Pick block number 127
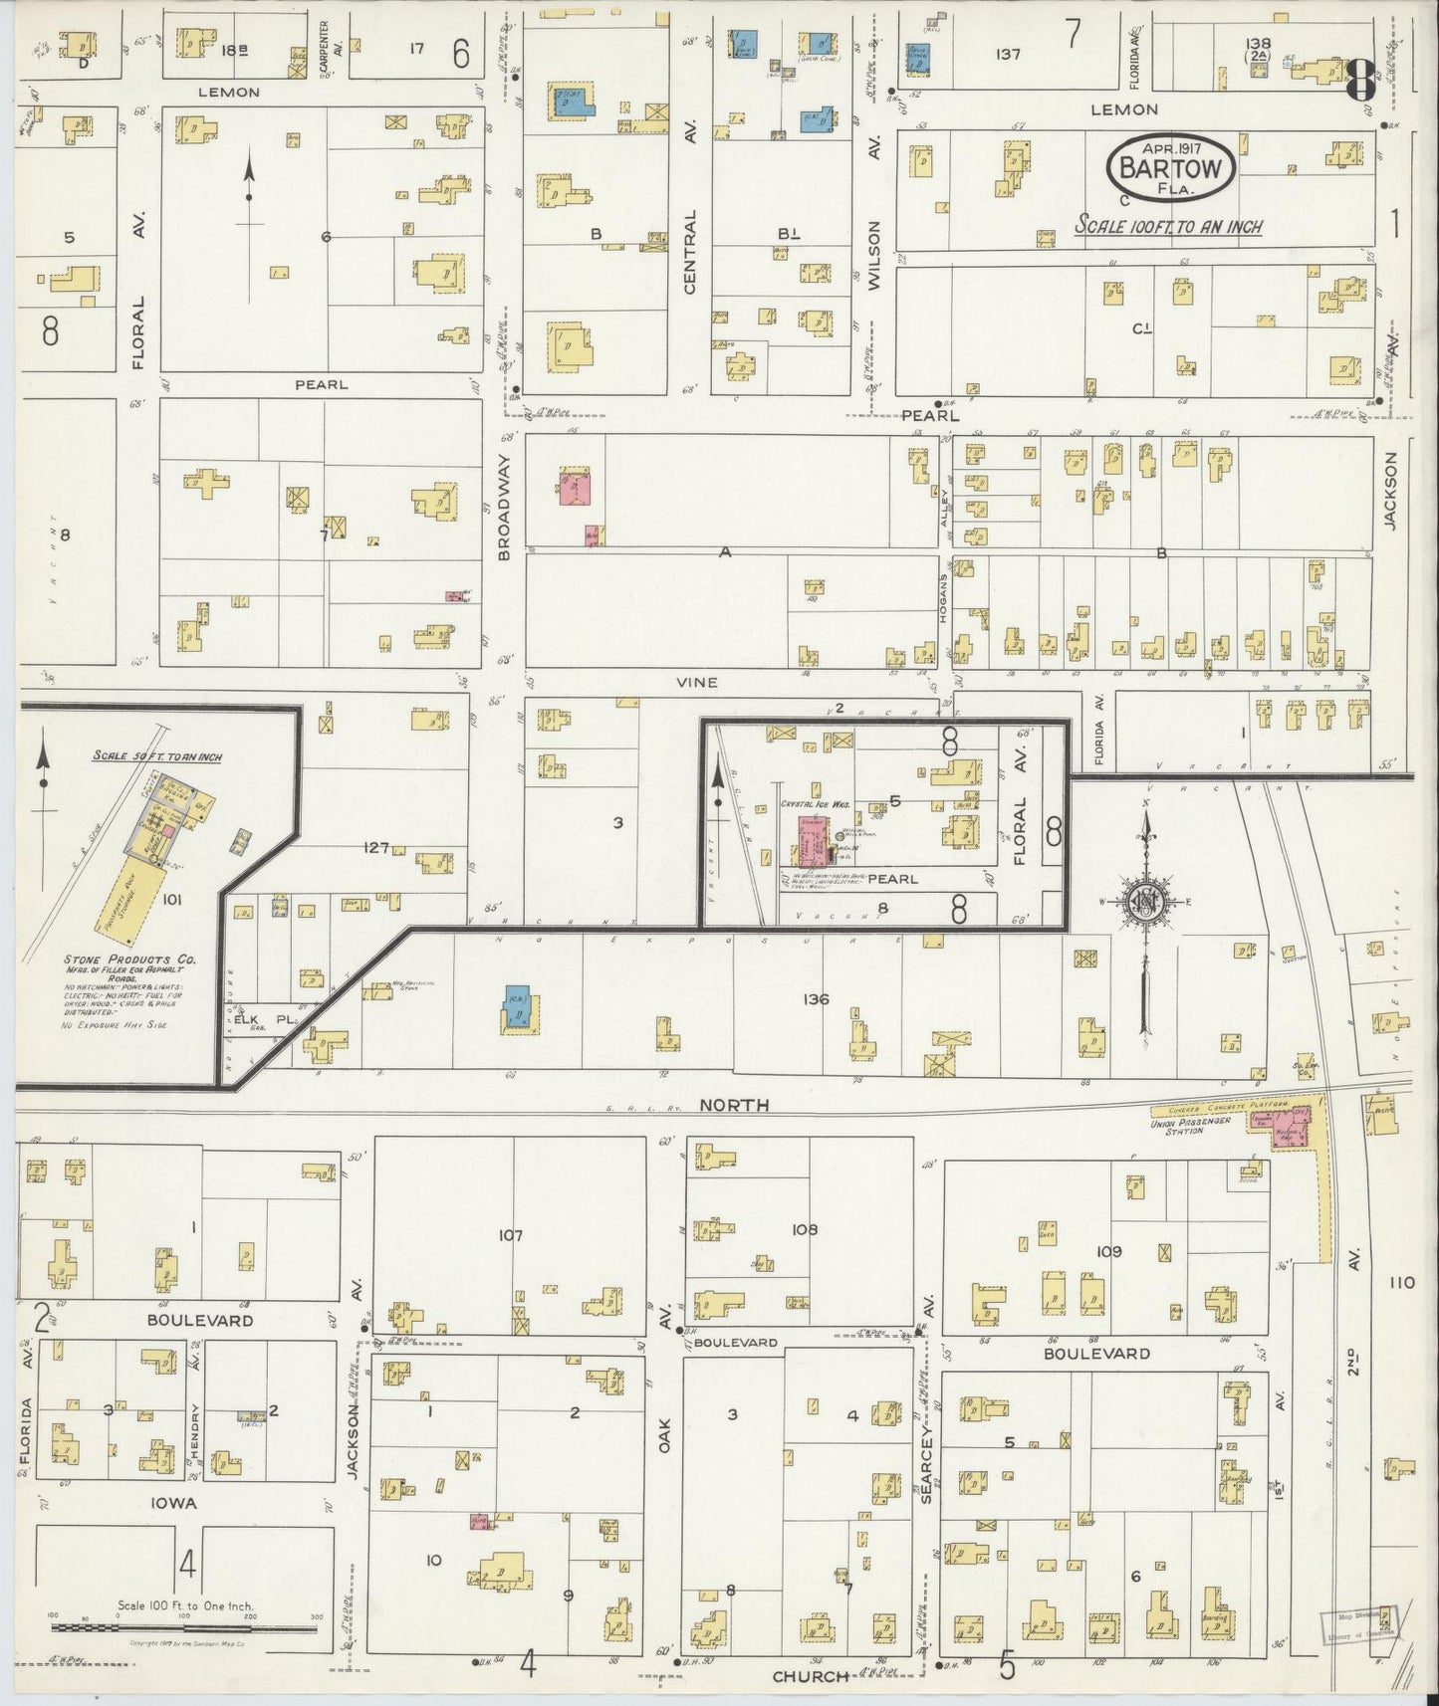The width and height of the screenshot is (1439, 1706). tap(376, 847)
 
